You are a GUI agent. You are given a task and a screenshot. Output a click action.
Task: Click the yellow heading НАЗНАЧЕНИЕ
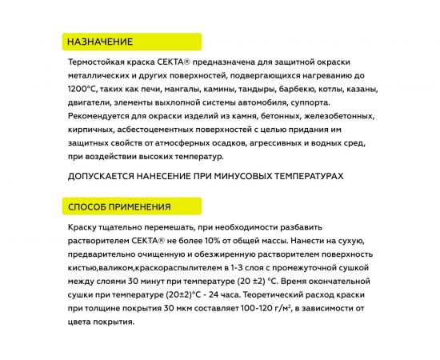[x=100, y=42]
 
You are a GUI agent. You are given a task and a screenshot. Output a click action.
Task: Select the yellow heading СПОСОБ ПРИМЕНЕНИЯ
[x=118, y=207]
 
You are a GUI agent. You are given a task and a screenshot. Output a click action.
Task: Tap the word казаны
[x=383, y=91]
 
